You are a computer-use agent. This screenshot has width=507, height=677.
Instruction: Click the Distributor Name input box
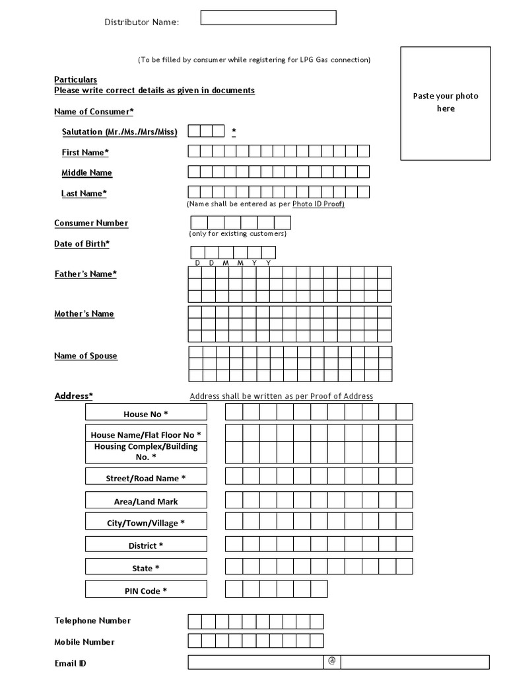(x=268, y=18)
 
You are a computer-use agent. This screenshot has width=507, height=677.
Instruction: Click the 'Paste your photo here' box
(x=446, y=103)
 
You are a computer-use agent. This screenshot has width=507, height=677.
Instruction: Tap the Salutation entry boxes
(x=206, y=131)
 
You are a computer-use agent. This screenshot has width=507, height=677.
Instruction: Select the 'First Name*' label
(x=85, y=153)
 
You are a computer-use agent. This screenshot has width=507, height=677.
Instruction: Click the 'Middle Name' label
(x=86, y=173)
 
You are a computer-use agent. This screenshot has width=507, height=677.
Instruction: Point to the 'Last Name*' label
(x=84, y=194)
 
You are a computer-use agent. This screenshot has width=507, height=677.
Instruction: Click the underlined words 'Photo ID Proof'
(x=318, y=204)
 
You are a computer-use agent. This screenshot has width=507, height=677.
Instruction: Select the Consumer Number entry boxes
(x=240, y=222)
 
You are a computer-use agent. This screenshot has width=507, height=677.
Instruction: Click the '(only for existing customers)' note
(x=238, y=234)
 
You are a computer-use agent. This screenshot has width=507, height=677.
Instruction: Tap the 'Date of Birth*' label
(x=82, y=244)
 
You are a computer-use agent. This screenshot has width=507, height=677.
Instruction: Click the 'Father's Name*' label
(x=85, y=274)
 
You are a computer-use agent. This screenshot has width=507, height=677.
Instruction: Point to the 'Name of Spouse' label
(x=86, y=356)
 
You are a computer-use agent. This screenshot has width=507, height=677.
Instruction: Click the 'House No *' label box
(x=146, y=414)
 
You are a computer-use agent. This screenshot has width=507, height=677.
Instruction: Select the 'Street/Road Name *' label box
(x=146, y=478)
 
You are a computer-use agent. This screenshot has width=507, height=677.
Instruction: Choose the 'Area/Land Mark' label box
(x=146, y=502)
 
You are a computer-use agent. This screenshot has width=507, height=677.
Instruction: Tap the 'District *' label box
(x=146, y=545)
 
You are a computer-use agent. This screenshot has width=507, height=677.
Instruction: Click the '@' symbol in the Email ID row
(x=332, y=662)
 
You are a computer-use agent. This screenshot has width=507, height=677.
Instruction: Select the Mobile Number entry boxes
(x=255, y=641)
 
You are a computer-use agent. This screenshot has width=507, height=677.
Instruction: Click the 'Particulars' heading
(x=75, y=80)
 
